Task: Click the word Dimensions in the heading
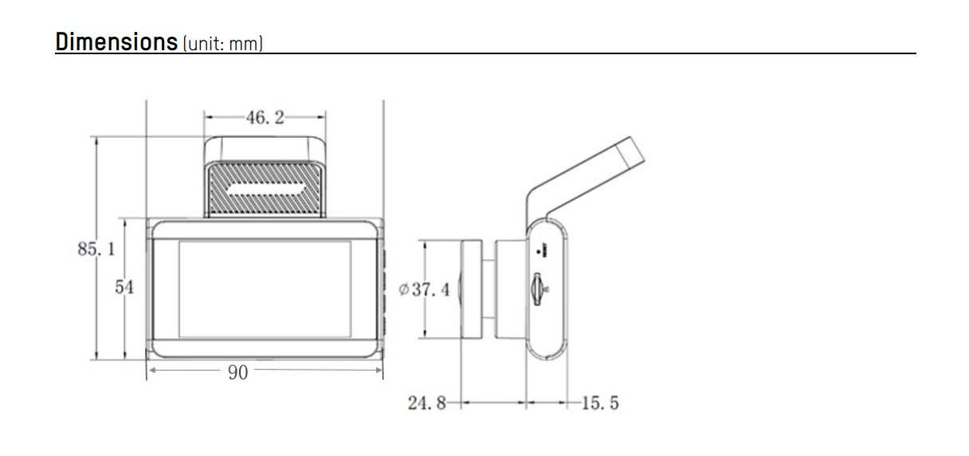click(116, 41)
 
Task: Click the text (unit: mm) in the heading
click(223, 44)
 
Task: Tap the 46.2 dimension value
click(265, 117)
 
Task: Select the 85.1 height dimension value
click(96, 249)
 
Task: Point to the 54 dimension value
click(124, 287)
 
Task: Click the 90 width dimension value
click(238, 372)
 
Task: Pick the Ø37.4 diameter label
click(424, 289)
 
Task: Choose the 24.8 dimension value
click(426, 403)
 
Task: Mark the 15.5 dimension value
click(600, 403)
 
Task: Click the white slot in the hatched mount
click(265, 189)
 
